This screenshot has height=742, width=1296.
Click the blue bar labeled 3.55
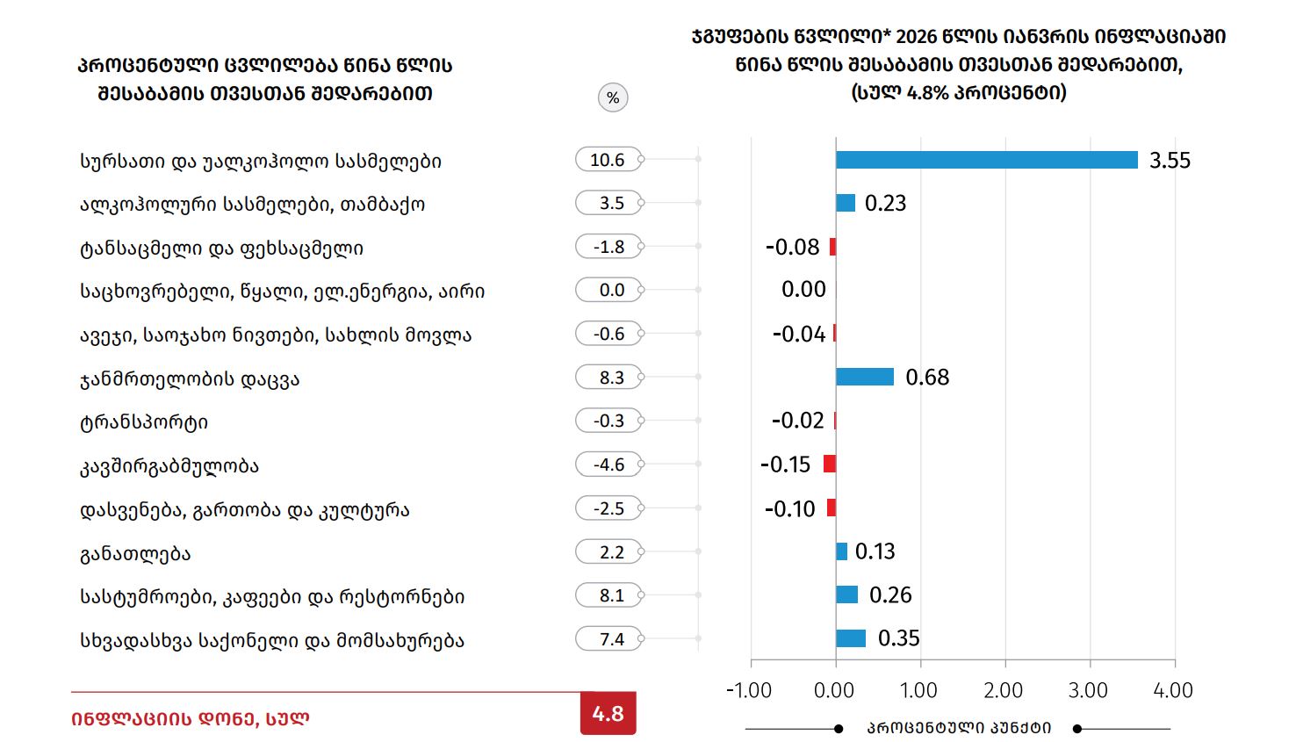click(x=986, y=160)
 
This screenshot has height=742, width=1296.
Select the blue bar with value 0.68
click(x=864, y=377)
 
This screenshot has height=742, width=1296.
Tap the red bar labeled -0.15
click(x=829, y=464)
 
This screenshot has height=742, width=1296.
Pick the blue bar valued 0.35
click(x=850, y=638)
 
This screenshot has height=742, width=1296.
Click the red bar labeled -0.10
click(x=831, y=508)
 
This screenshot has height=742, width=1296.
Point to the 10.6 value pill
click(x=608, y=160)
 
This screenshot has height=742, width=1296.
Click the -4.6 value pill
click(x=608, y=465)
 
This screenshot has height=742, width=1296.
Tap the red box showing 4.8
click(x=608, y=714)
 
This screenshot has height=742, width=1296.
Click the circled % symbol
click(x=613, y=97)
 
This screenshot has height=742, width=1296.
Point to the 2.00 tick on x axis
click(x=1004, y=690)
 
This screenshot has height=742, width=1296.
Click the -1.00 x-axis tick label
click(x=749, y=690)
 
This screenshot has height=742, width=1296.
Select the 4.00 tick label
click(x=1173, y=690)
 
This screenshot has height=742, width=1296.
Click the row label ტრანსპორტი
click(x=144, y=422)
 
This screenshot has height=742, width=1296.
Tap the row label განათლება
click(x=135, y=553)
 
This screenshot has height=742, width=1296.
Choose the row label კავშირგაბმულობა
click(x=169, y=465)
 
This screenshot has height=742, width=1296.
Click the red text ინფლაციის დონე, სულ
click(x=190, y=718)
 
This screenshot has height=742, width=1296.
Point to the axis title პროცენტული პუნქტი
click(x=959, y=728)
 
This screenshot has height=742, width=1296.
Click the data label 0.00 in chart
click(x=803, y=290)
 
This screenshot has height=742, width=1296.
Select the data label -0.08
click(x=792, y=247)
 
